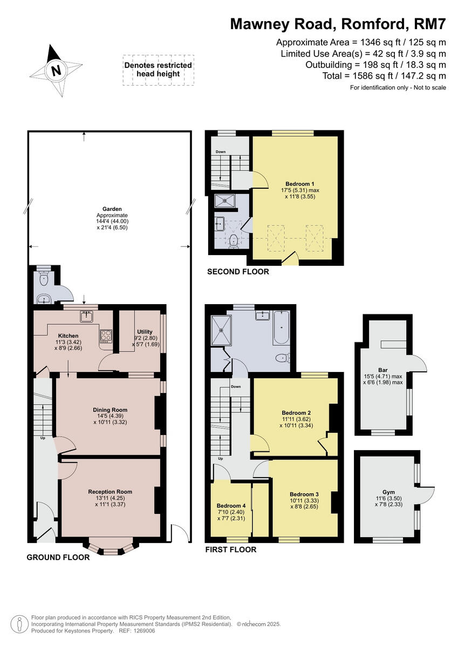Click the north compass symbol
click(x=54, y=70)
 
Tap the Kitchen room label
click(x=69, y=335)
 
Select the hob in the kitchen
click(x=105, y=336)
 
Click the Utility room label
click(x=145, y=332)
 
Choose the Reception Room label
click(x=110, y=492)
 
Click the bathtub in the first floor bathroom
click(x=281, y=328)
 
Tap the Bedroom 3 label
click(x=304, y=494)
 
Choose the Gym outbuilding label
click(x=388, y=492)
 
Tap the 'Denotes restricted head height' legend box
click(x=158, y=70)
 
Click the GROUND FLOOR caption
click(x=58, y=557)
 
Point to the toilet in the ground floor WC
click(x=44, y=279)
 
